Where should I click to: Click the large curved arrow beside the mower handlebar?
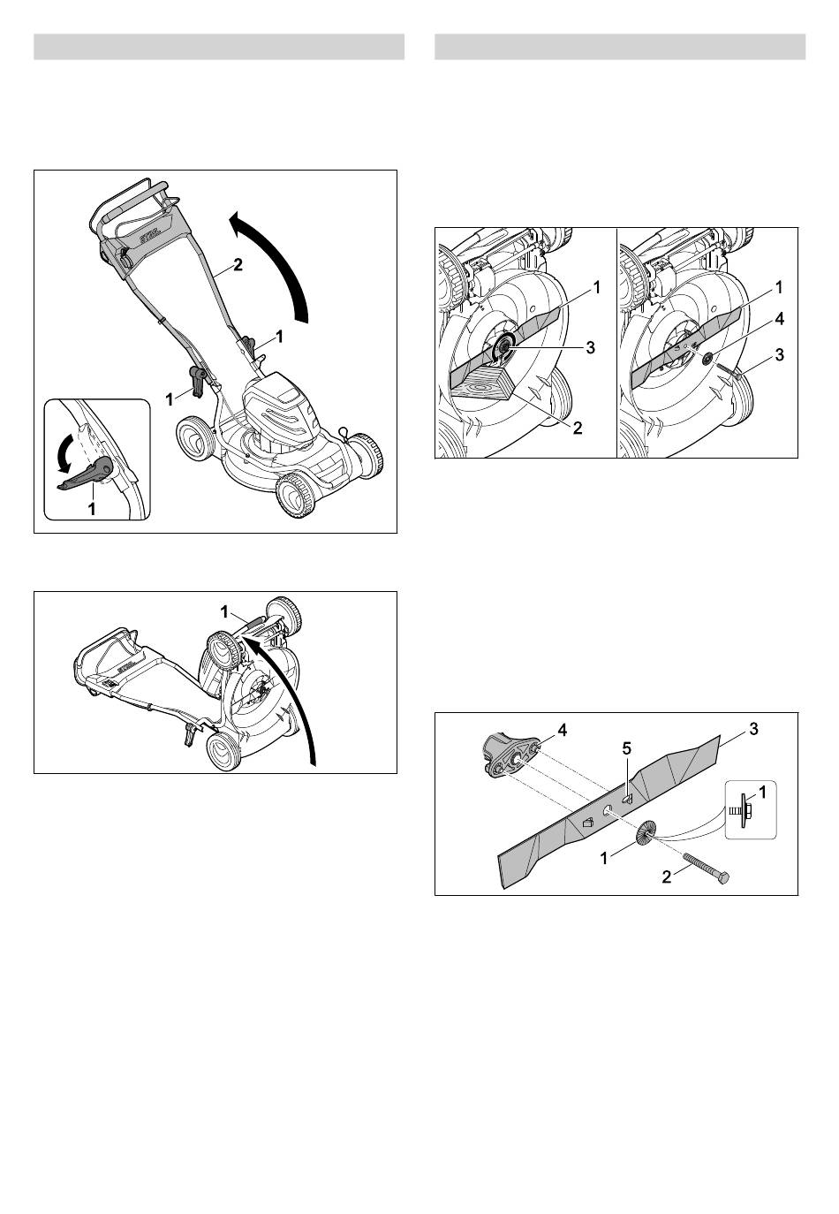point(279,254)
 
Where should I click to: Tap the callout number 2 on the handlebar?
point(237,264)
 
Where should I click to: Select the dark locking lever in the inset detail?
point(87,472)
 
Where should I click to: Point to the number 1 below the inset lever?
point(92,508)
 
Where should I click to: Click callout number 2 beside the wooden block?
point(578,428)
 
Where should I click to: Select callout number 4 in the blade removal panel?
point(779,319)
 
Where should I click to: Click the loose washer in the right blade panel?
point(707,359)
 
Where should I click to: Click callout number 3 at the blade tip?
point(753,729)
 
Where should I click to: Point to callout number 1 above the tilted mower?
point(224,612)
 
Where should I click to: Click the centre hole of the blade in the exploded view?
point(607,808)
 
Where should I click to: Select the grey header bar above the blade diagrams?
point(620,47)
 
